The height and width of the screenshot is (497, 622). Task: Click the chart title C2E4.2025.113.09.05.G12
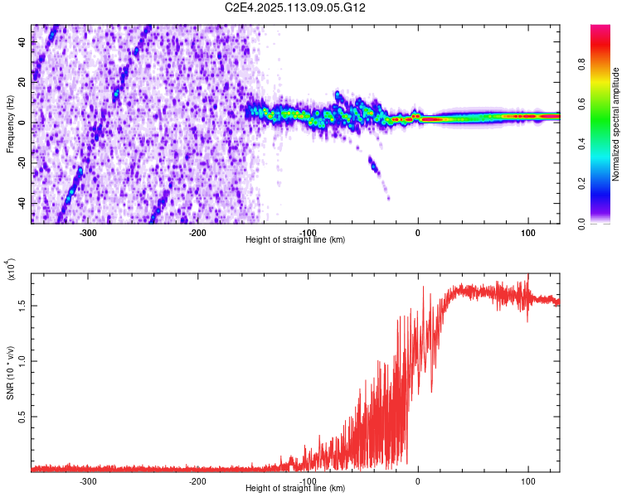pyautogui.click(x=295, y=7)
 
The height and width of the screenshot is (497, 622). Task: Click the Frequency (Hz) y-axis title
pyautogui.click(x=11, y=124)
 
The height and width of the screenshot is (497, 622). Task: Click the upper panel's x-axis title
pyautogui.click(x=295, y=239)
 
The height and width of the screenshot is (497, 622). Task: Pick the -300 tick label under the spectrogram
pyautogui.click(x=88, y=232)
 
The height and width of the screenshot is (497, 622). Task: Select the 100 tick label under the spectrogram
pyautogui.click(x=527, y=232)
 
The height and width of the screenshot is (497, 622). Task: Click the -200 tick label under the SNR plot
pyautogui.click(x=197, y=480)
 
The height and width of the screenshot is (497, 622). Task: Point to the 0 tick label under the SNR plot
pyautogui.click(x=418, y=480)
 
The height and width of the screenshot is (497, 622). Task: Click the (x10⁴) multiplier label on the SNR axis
pyautogui.click(x=11, y=270)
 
